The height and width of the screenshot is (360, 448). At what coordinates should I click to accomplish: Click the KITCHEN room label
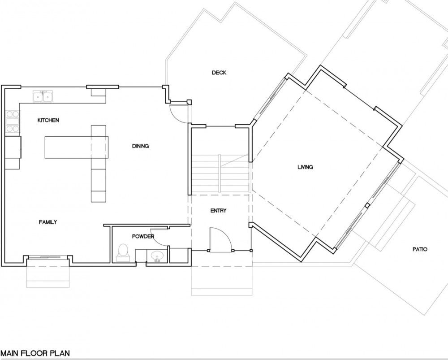point(48,120)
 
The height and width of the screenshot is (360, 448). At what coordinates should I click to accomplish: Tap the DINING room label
point(140,146)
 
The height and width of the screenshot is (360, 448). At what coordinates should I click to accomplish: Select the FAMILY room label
point(48,222)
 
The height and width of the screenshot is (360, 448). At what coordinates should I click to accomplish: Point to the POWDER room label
point(143,236)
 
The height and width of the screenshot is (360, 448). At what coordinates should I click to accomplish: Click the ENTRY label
point(218,211)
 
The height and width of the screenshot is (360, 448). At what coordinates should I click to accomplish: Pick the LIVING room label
point(305,167)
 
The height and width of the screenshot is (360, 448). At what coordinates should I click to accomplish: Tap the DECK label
point(219,73)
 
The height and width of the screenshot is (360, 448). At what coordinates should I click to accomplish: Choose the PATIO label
point(420,249)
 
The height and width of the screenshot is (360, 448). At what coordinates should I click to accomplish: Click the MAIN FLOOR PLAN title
point(35,353)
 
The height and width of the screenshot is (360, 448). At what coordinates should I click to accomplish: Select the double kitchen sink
point(43,96)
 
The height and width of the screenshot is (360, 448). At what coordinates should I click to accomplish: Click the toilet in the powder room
point(123,253)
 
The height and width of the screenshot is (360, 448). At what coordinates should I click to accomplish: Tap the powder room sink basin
point(156,256)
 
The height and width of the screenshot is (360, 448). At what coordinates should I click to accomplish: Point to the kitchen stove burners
point(13,122)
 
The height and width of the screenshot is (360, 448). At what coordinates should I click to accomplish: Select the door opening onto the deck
point(179,113)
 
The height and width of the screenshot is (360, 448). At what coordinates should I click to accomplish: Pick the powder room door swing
point(159,237)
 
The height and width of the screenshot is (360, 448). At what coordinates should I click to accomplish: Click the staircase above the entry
point(220,174)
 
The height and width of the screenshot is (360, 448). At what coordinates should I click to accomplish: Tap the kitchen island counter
point(77,147)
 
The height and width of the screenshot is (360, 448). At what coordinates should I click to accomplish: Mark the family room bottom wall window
point(47,257)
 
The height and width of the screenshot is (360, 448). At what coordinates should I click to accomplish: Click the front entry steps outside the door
point(222,281)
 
